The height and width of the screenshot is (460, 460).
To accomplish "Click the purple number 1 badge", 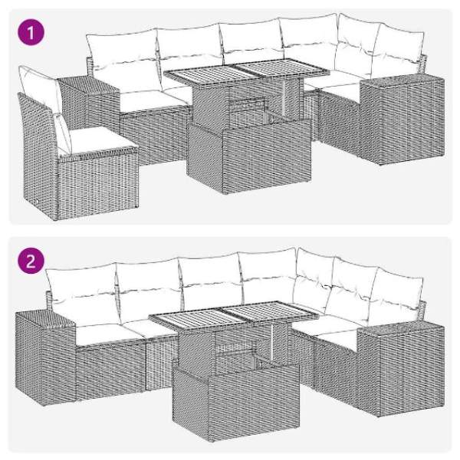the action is pos(31,32).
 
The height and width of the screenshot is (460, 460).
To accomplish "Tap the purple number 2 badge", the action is pos(31,261).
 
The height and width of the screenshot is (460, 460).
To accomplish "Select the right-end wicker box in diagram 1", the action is pos(402,118).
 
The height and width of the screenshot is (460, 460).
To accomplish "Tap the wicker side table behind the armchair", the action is pos(89,103).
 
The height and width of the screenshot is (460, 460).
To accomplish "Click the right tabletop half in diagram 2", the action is pos(270,311).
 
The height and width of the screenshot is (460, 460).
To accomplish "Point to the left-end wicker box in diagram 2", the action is pos(45,359).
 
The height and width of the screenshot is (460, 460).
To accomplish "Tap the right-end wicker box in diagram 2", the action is pos(401,370).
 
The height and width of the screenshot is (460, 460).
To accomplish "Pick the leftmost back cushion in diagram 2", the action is pos(84,294).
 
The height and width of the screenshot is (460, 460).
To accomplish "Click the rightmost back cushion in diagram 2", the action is pos(396,296).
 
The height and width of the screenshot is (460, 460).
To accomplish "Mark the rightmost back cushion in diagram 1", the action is pos(399,52).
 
